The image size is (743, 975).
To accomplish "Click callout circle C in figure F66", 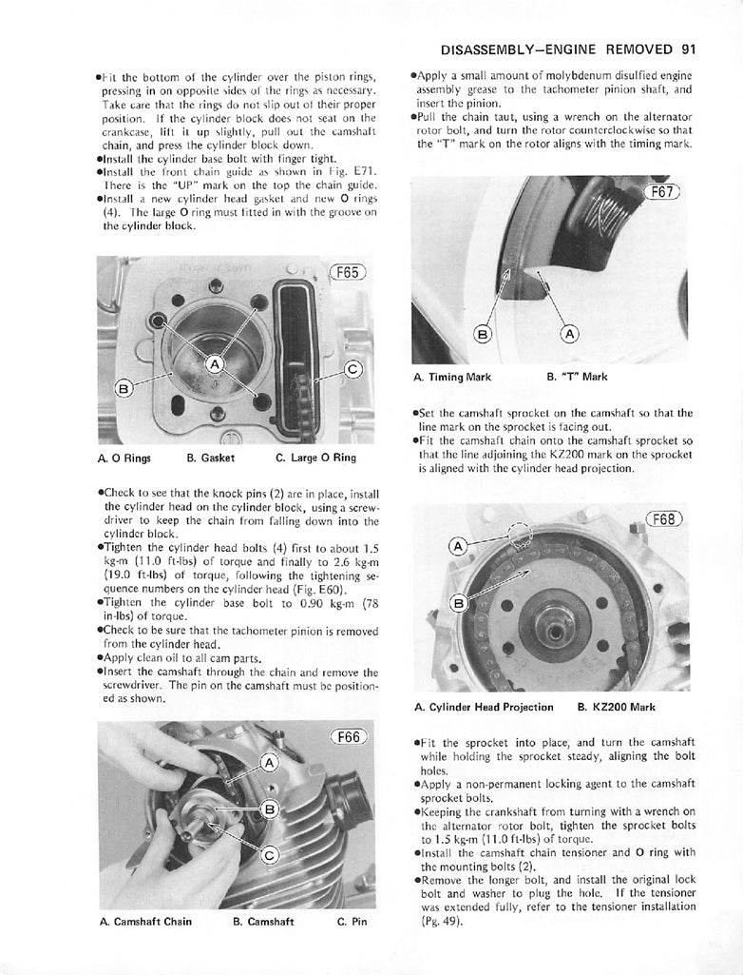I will pyautogui.click(x=269, y=854).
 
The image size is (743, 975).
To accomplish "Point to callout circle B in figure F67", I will pyautogui.click(x=482, y=334).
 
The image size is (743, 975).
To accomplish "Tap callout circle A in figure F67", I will pyautogui.click(x=569, y=334).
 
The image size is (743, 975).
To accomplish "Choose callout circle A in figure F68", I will pyautogui.click(x=457, y=546).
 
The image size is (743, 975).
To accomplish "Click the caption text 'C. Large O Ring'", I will pyautogui.click(x=315, y=458).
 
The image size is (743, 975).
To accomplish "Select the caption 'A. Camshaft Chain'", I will pyautogui.click(x=145, y=922).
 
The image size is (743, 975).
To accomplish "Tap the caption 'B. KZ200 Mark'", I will pyautogui.click(x=616, y=707).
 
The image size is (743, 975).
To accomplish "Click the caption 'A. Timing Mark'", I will pyautogui.click(x=452, y=377).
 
